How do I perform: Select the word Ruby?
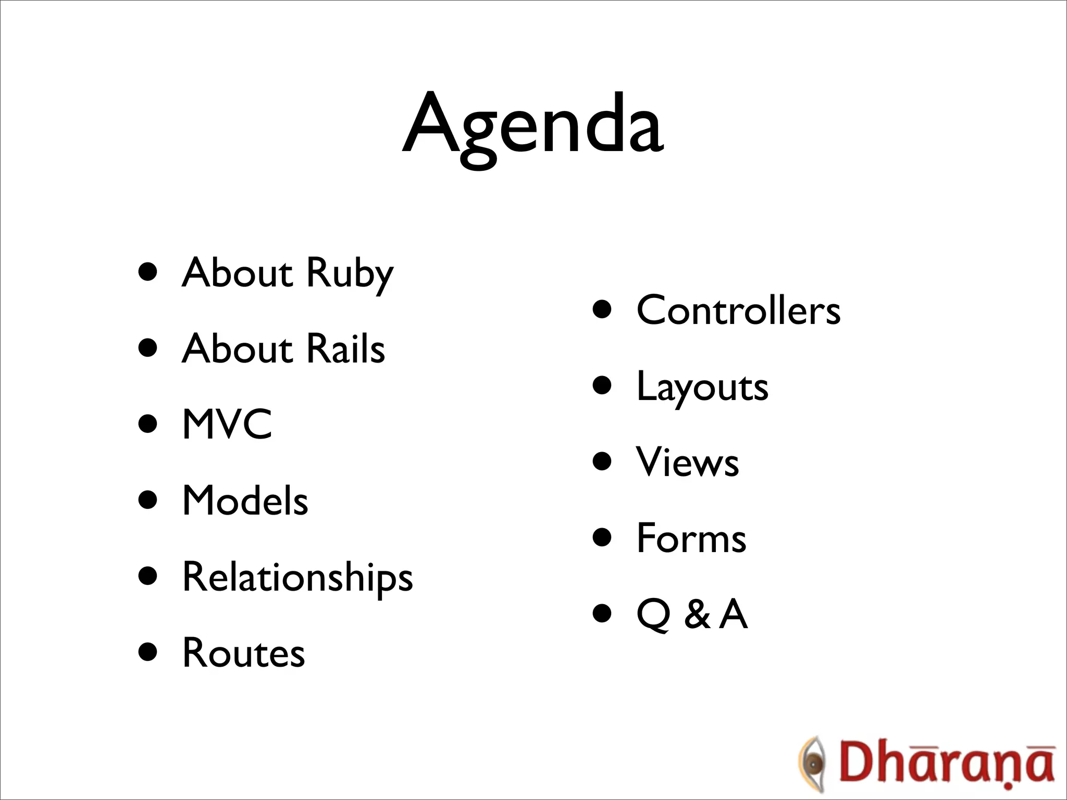pos(350,273)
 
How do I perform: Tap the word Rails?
pos(345,348)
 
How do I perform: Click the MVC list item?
pos(227,424)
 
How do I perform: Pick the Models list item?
pos(245,501)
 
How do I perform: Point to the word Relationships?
pos(297,577)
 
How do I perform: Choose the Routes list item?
pos(243,653)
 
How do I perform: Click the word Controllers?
pos(738,310)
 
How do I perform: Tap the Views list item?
pos(687,463)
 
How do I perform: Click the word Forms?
pos(691,538)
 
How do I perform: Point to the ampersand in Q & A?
pos(697,615)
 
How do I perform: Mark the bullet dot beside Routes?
pos(148,652)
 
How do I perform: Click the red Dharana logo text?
pos(946,765)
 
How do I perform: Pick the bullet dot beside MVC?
pos(148,424)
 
